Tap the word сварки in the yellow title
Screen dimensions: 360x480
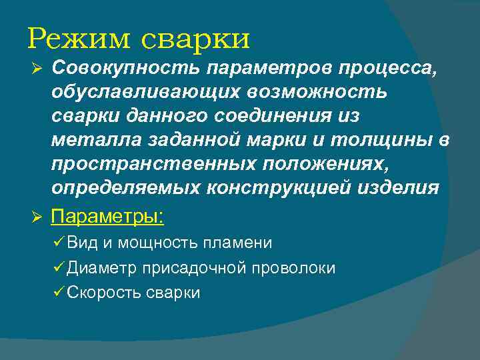(196, 39)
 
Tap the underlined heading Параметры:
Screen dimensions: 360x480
(107, 217)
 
